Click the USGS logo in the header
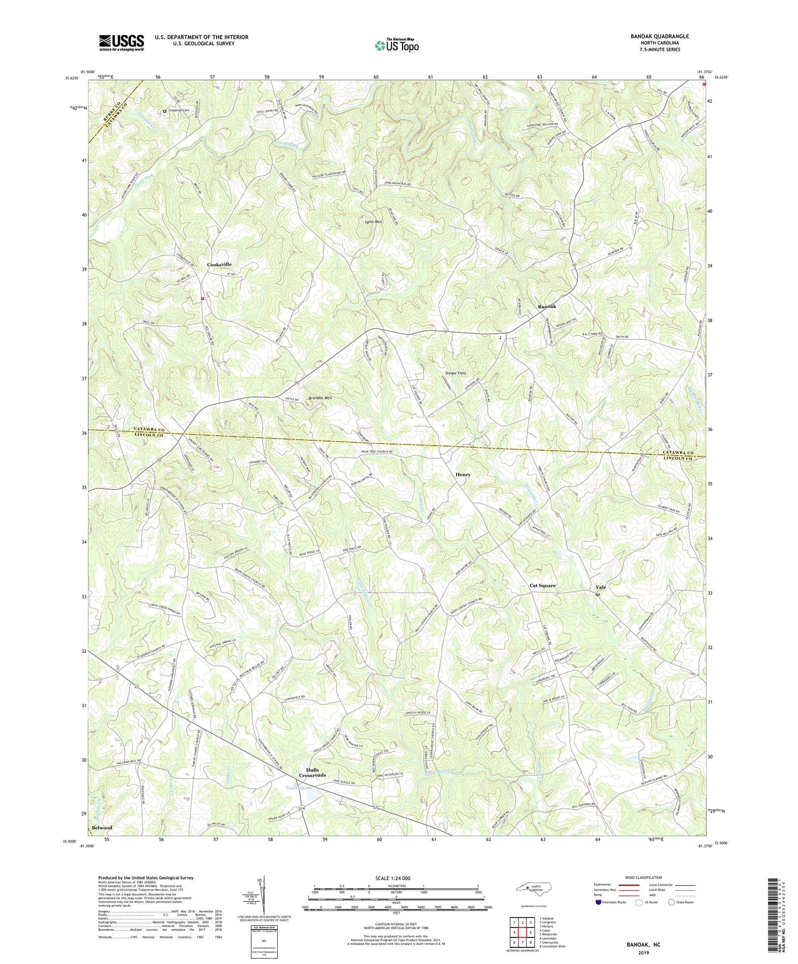click(121, 42)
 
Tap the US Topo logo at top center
click(397, 45)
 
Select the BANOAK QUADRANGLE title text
click(659, 36)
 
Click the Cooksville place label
click(219, 264)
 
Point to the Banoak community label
click(547, 306)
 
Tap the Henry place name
click(463, 474)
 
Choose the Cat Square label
click(542, 585)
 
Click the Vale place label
click(601, 587)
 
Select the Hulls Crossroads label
click(312, 772)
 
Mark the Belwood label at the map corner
click(102, 828)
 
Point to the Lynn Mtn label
click(373, 222)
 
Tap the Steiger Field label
click(455, 373)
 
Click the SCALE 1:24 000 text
click(392, 878)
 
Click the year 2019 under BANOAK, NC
click(643, 952)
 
